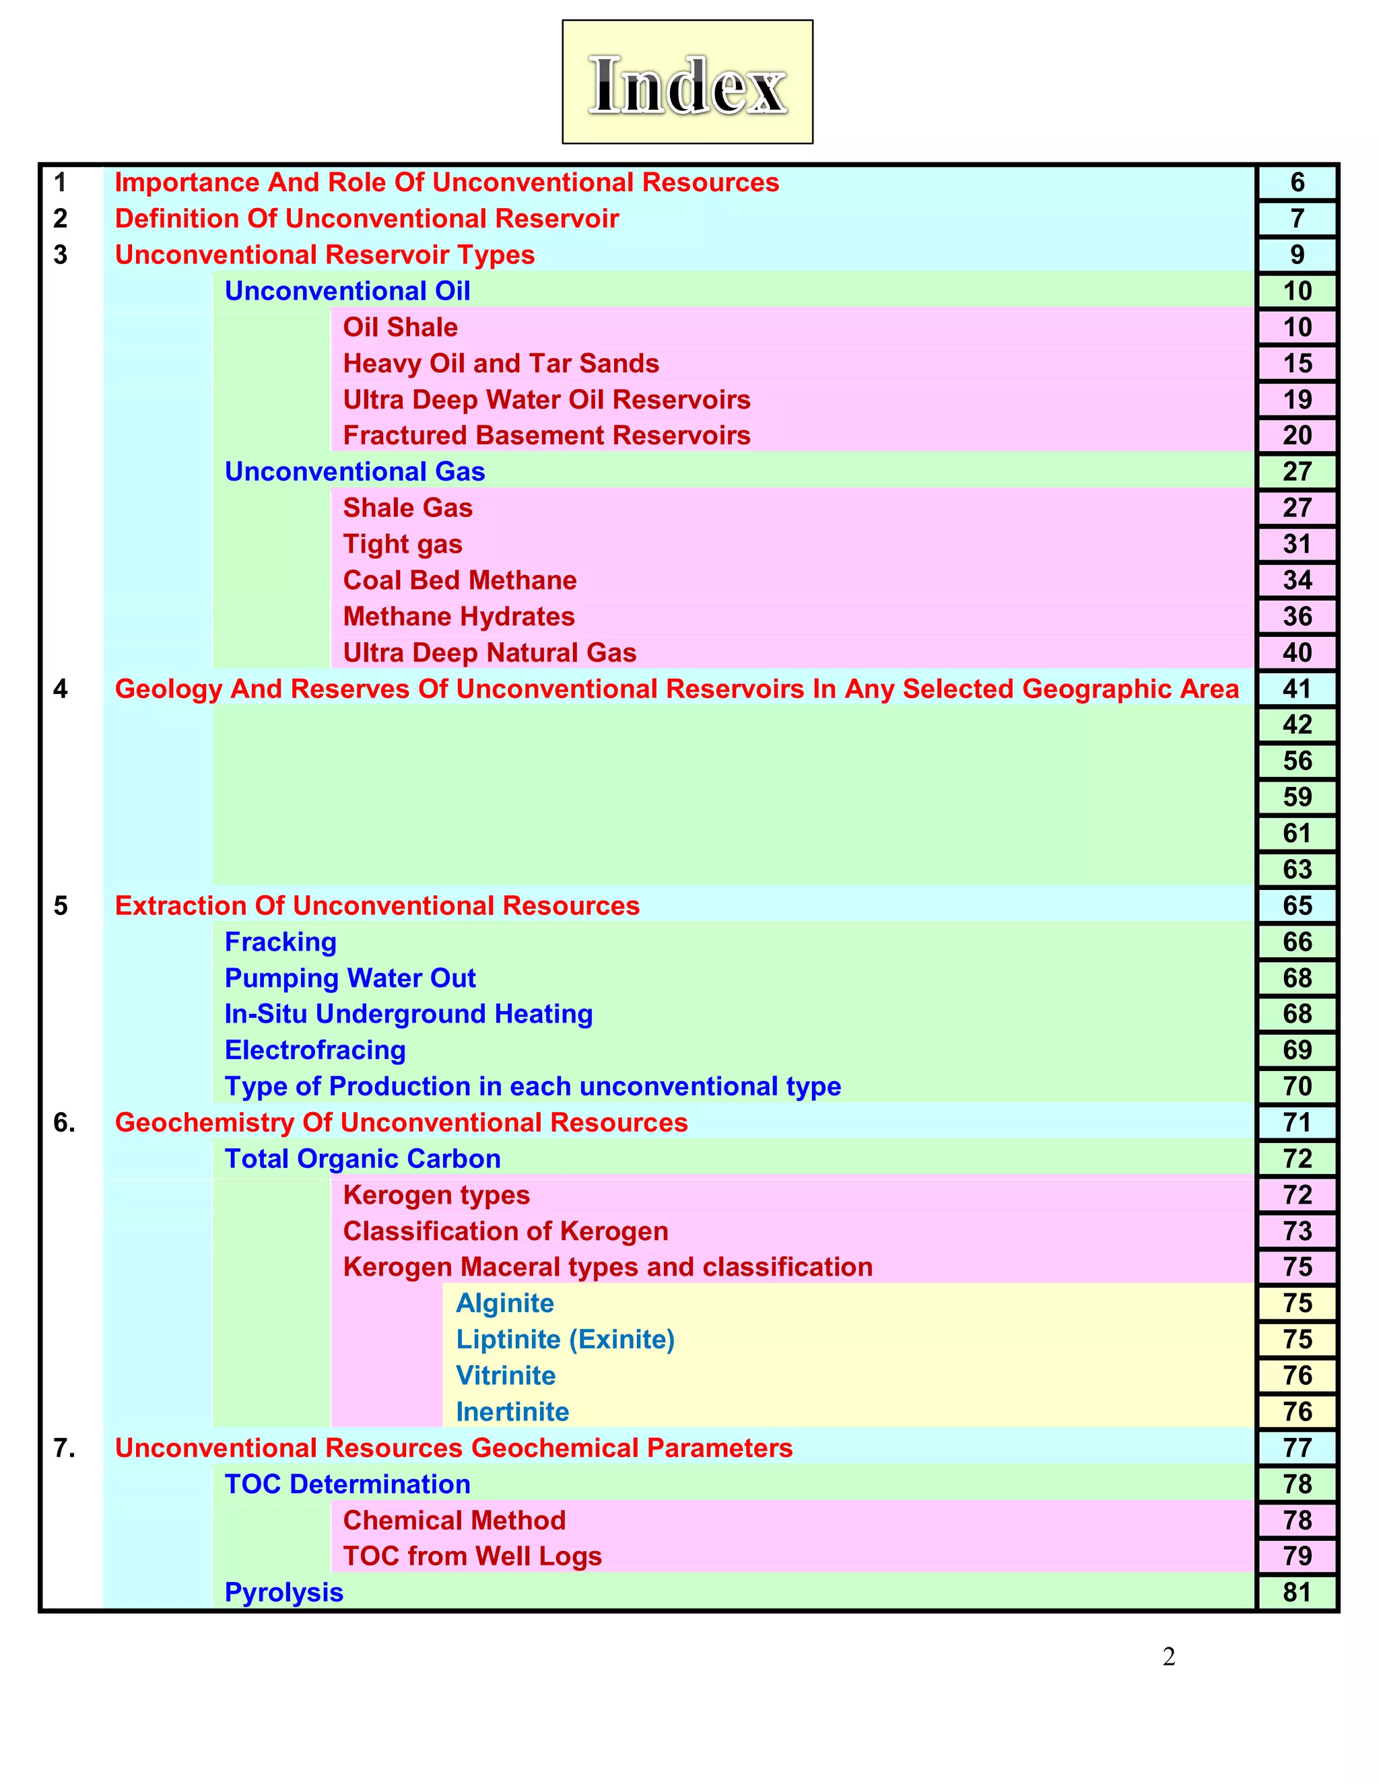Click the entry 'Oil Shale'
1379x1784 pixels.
[x=401, y=328]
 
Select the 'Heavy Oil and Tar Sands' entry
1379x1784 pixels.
[x=501, y=364]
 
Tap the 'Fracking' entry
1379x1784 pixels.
[x=280, y=942]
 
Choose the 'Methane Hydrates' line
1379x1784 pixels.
[x=459, y=617]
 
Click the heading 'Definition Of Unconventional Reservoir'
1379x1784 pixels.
[x=367, y=219]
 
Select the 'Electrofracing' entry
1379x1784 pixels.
[x=315, y=1050]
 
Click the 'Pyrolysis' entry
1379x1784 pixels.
[x=284, y=1593]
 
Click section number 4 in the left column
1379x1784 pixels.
[x=61, y=689]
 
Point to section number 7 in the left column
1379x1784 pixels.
[x=64, y=1448]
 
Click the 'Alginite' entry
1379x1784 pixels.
[x=505, y=1304]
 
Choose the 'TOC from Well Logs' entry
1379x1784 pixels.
[x=472, y=1557]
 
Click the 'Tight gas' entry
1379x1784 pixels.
[x=403, y=545]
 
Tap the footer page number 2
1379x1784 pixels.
[x=1169, y=1657]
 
